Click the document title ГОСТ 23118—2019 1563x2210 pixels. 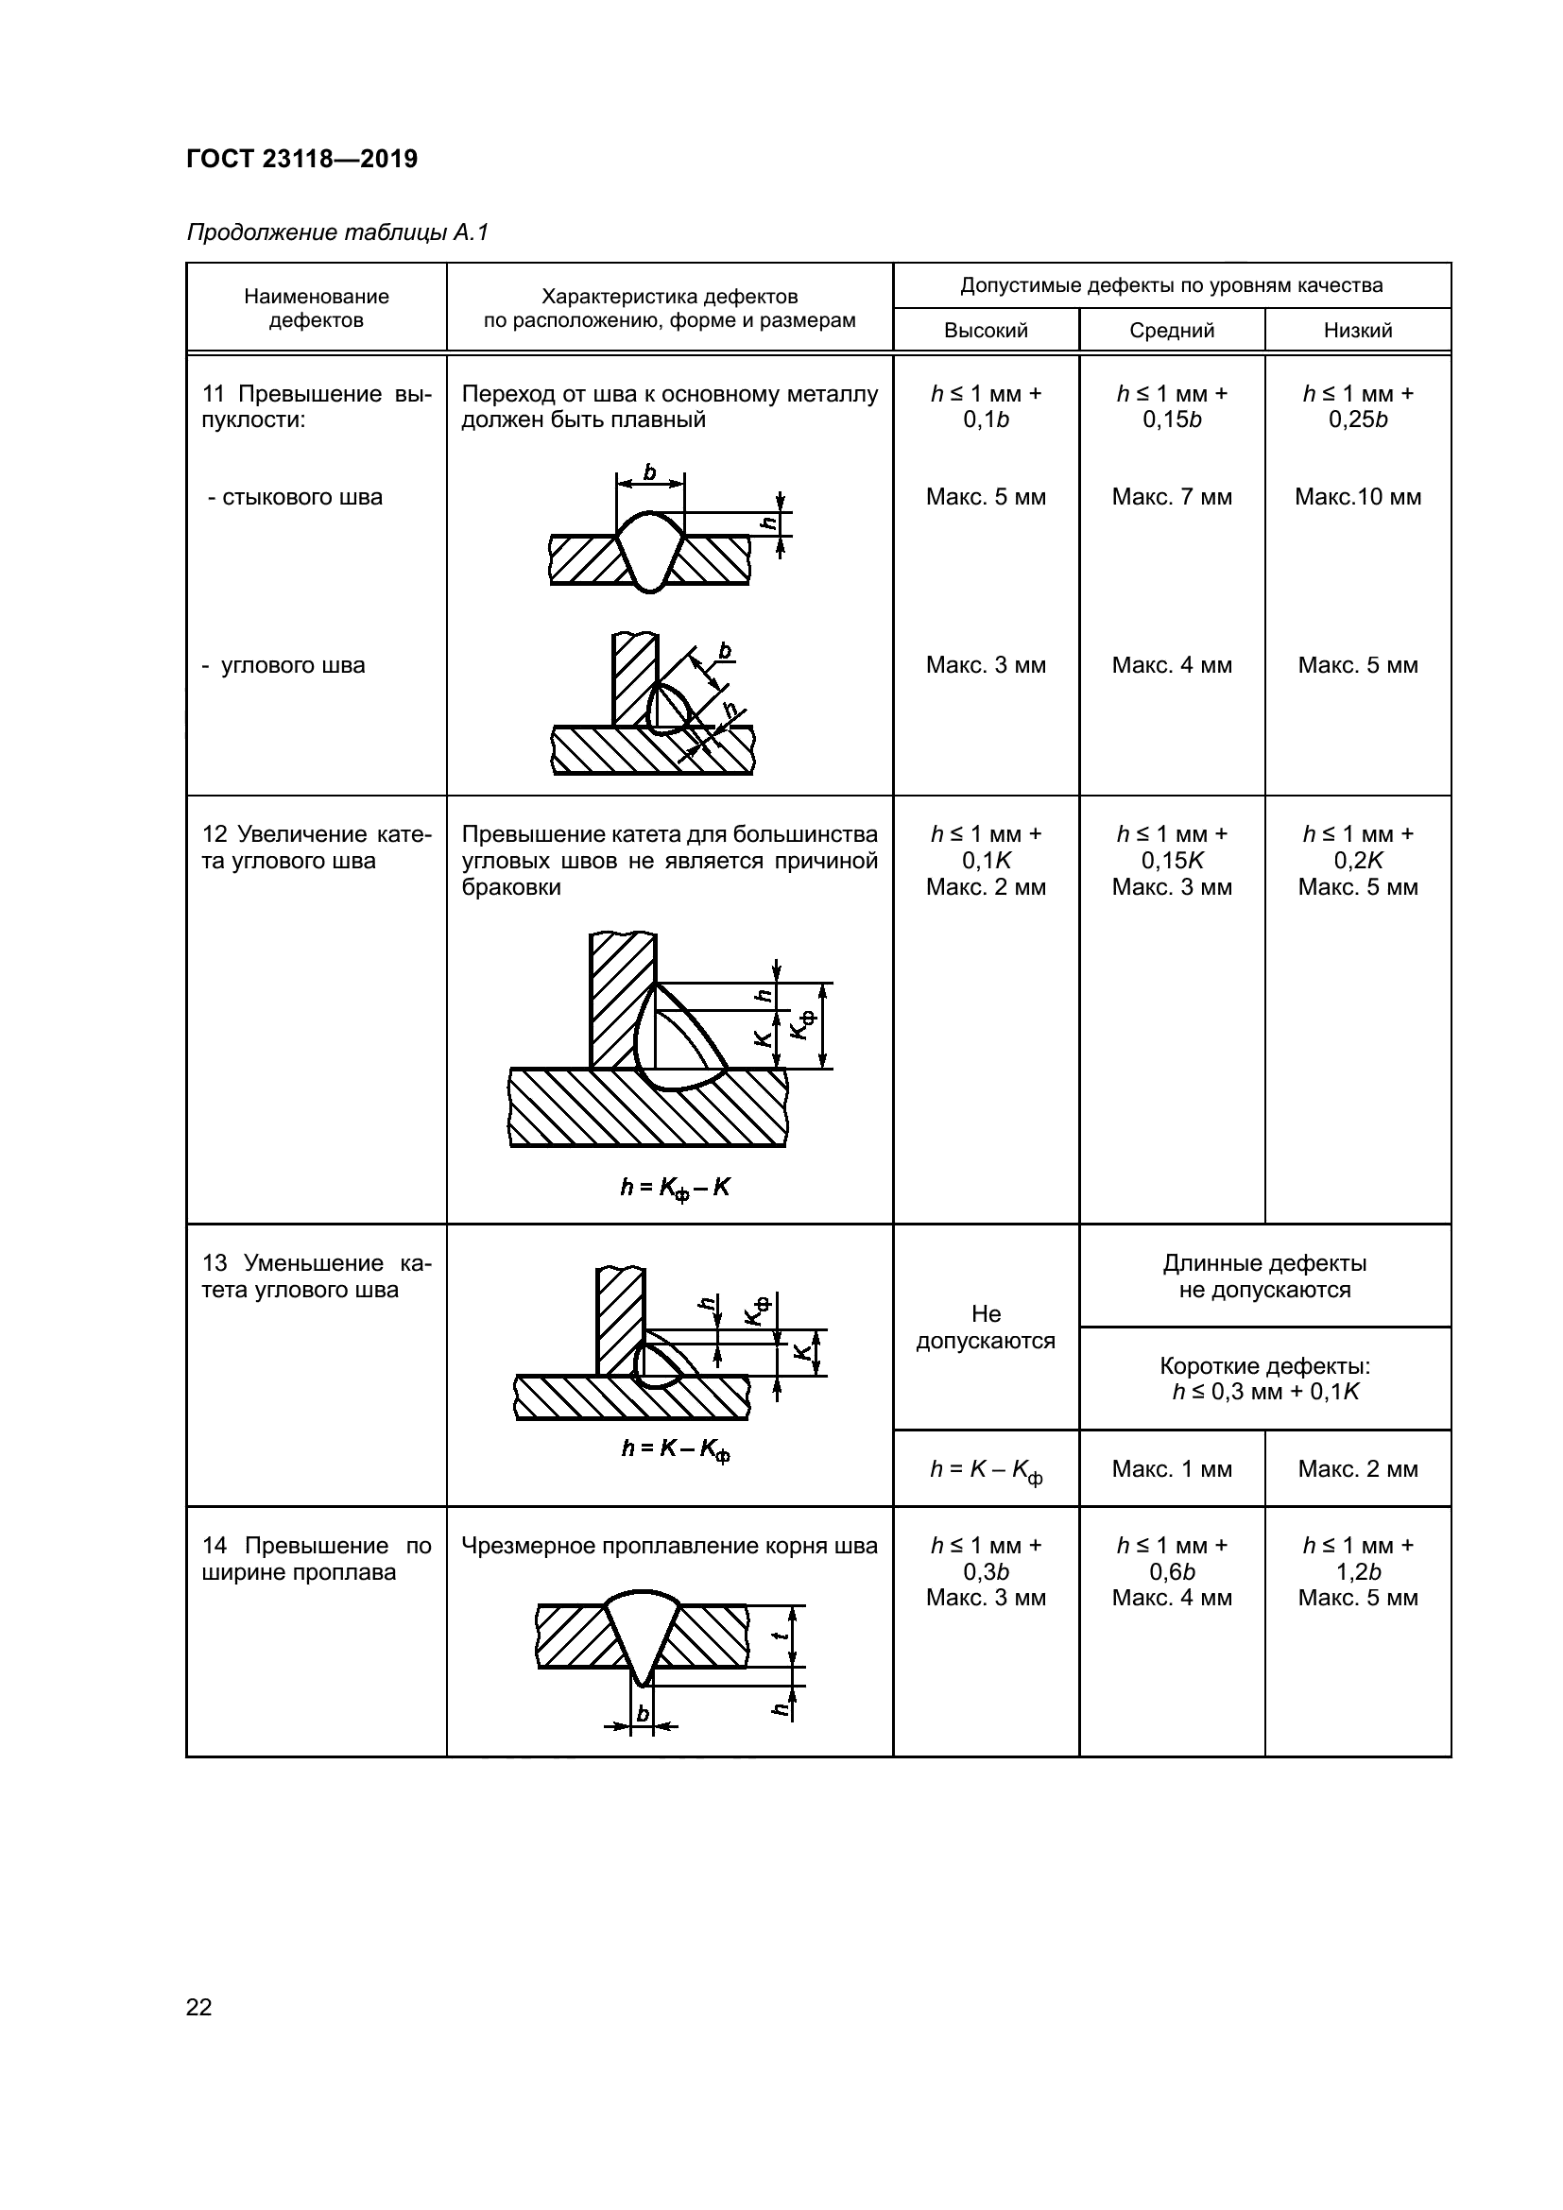click(301, 160)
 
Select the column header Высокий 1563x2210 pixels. click(986, 330)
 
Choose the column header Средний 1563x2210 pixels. click(1171, 330)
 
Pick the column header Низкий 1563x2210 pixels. click(1357, 330)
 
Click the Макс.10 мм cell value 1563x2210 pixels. click(1357, 497)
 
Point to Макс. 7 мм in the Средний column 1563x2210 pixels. click(1171, 497)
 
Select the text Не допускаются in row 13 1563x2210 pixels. click(986, 1328)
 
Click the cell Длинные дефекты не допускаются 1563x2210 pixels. click(1264, 1276)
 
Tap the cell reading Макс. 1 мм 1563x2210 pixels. click(1171, 1469)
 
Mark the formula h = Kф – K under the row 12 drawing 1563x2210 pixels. click(675, 1189)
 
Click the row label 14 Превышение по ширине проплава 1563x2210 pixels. click(316, 1558)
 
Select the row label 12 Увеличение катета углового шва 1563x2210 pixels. click(316, 847)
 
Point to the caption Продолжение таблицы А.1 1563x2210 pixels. click(337, 232)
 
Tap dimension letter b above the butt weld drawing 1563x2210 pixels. click(649, 471)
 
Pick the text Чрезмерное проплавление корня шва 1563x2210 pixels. click(669, 1546)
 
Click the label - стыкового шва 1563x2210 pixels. click(295, 497)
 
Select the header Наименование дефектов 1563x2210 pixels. click(316, 308)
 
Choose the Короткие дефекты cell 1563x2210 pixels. click(1264, 1379)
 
